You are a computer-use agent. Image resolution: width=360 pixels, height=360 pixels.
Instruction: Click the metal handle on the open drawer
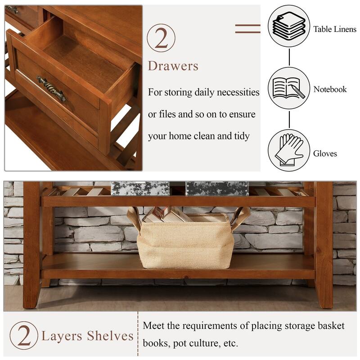click(x=51, y=88)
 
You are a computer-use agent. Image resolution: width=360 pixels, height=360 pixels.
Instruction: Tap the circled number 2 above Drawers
click(x=161, y=38)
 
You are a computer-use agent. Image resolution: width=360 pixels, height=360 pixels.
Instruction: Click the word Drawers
click(x=173, y=67)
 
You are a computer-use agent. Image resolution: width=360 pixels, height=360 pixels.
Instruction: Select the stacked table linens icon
click(x=289, y=26)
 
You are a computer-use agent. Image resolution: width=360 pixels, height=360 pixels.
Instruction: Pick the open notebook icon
click(x=289, y=88)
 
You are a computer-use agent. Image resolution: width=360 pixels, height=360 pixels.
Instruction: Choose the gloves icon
click(x=289, y=150)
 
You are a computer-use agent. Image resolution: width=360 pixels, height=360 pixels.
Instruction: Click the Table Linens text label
click(x=335, y=29)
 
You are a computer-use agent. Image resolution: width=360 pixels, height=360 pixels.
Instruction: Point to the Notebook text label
click(x=330, y=90)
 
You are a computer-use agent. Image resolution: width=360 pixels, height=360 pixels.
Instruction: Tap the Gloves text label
click(x=325, y=154)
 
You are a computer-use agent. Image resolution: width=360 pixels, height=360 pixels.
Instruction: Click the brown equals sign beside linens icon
click(x=247, y=28)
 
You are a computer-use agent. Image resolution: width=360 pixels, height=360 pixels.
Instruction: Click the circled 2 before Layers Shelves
click(x=23, y=335)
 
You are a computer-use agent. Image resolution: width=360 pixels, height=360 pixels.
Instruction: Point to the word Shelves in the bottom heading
click(x=112, y=336)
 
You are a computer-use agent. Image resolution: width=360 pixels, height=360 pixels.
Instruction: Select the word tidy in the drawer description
click(x=239, y=136)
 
